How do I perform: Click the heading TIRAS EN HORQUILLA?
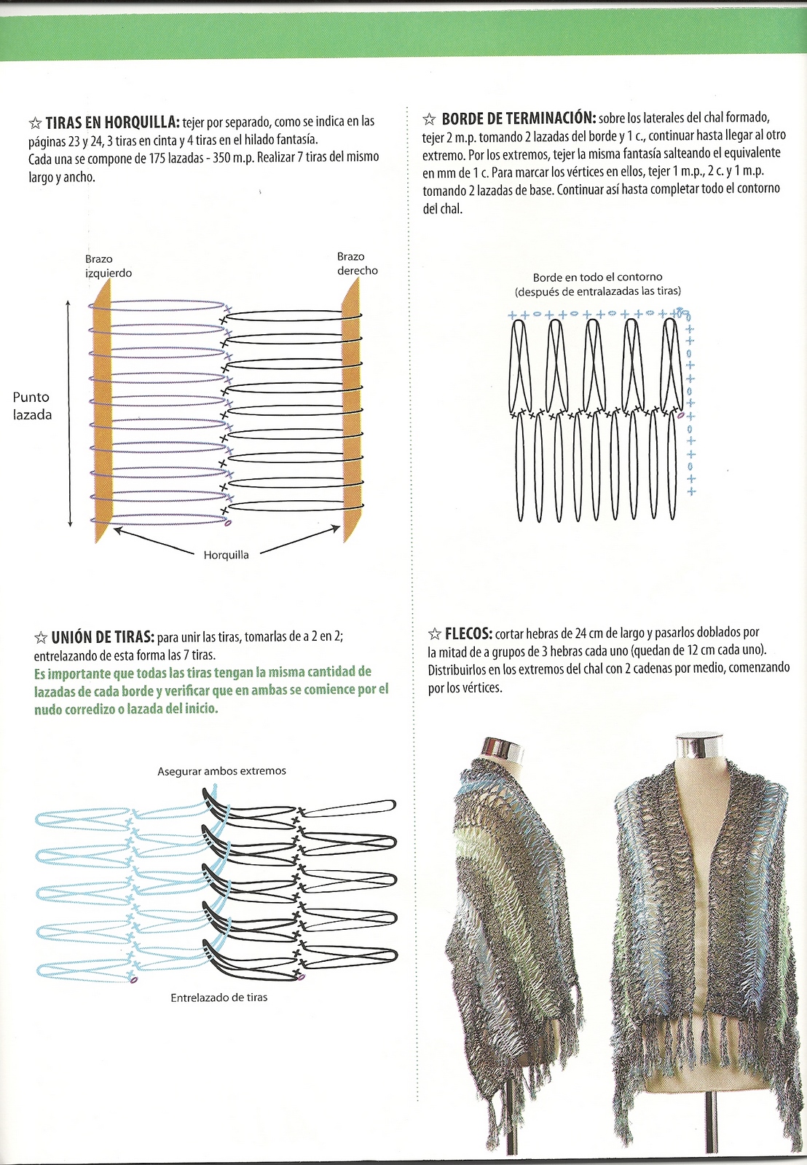[112, 122]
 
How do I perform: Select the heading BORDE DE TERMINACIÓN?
[519, 119]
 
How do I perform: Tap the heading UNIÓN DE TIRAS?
[102, 638]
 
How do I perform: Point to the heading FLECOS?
[468, 634]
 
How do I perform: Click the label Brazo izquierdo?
[108, 266]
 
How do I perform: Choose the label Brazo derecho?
[357, 264]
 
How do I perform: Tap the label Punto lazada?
[32, 406]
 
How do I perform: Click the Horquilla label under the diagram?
[226, 555]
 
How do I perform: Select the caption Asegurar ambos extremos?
[221, 771]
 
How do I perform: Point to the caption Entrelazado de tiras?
[219, 998]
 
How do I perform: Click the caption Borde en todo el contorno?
[597, 277]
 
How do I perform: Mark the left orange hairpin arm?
[101, 411]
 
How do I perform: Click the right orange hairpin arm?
[351, 411]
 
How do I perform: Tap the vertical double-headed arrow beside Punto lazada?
[68, 413]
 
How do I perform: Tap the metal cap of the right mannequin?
[698, 746]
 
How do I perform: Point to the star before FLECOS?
[435, 634]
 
